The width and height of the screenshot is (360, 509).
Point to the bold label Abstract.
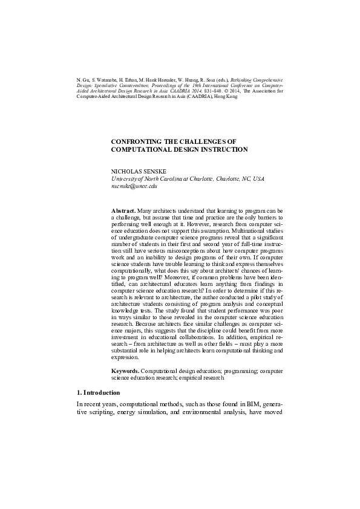123,210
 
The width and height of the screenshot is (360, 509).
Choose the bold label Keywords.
126,369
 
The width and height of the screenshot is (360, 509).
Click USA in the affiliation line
258,180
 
